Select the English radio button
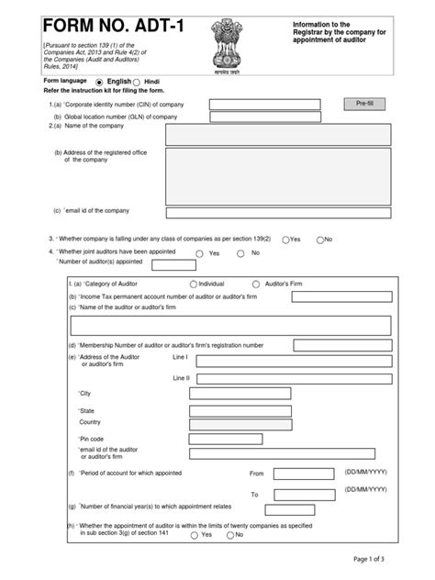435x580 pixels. click(x=100, y=82)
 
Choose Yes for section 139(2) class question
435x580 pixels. click(x=286, y=240)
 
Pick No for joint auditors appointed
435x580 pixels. click(x=240, y=253)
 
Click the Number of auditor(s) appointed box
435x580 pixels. click(x=173, y=265)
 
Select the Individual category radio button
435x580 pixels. click(x=194, y=284)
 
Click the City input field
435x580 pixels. click(x=240, y=394)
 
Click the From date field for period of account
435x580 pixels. click(x=302, y=474)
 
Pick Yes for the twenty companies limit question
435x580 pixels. click(x=195, y=535)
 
